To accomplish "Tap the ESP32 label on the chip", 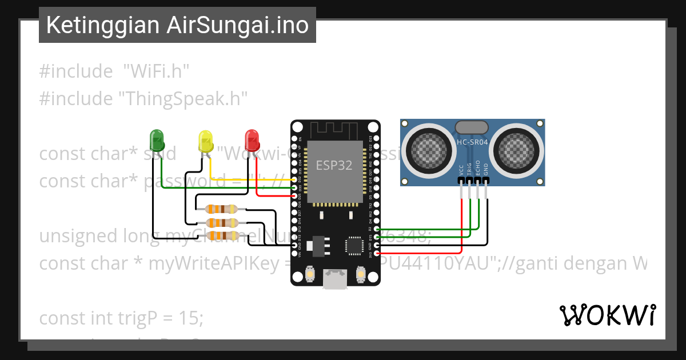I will tap(334, 165).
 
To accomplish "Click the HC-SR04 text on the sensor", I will tap(472, 142).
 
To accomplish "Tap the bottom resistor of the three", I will tap(221, 235).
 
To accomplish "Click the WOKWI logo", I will tap(607, 315).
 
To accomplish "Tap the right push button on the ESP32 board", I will tap(361, 275).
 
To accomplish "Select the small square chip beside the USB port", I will tap(353, 246).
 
